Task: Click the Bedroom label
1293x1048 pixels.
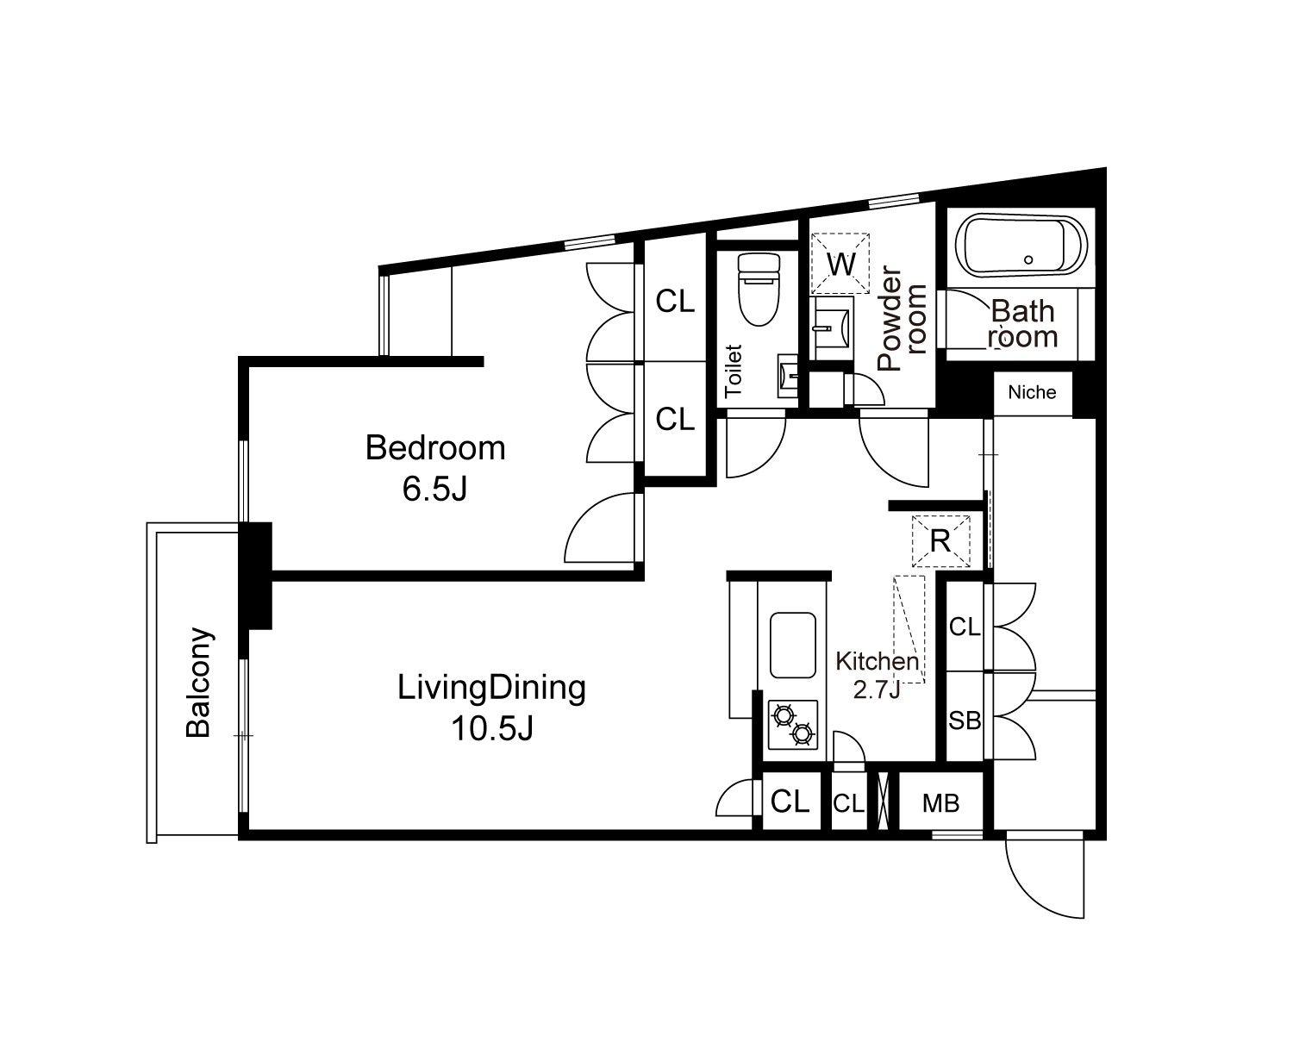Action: tap(434, 448)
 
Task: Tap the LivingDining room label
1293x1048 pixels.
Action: tap(491, 688)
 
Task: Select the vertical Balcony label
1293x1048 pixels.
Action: tap(198, 683)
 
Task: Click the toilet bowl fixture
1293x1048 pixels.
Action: tap(759, 290)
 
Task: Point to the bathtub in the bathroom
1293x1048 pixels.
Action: tap(1021, 247)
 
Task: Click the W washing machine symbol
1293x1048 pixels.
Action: tap(840, 264)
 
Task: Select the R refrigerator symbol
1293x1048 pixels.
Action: tap(940, 540)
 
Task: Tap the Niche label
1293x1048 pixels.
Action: tap(1032, 392)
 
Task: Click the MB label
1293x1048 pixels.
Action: tap(940, 803)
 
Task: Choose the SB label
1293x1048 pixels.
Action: tap(965, 720)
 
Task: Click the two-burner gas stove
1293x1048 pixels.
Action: tap(793, 725)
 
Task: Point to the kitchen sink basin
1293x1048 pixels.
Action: tap(793, 645)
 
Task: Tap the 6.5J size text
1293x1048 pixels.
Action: tap(434, 489)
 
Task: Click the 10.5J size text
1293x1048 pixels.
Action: tap(491, 728)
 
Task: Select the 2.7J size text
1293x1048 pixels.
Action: tap(877, 690)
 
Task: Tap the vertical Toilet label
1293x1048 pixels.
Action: tap(734, 371)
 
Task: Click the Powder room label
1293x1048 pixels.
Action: tap(902, 319)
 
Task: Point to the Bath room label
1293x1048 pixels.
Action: tap(1023, 324)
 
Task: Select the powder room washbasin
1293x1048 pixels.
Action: tap(832, 328)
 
